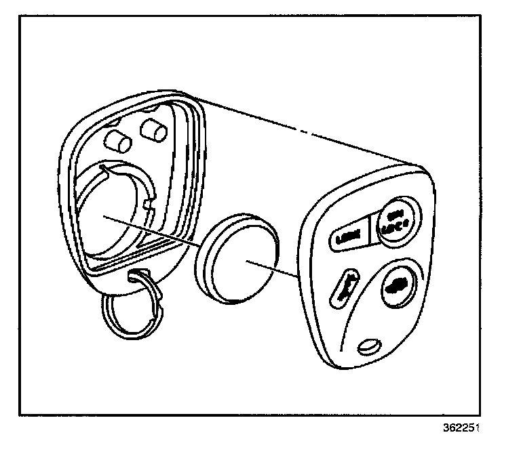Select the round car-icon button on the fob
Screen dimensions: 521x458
[396, 286]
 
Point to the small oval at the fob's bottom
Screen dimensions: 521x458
[368, 346]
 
